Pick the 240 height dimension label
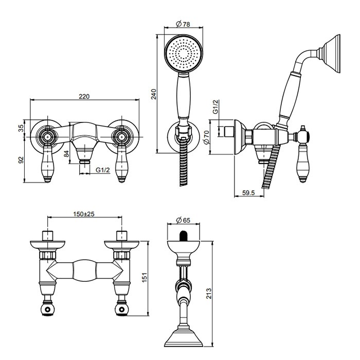click(x=153, y=94)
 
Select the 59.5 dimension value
click(x=248, y=193)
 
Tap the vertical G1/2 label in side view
click(x=216, y=107)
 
